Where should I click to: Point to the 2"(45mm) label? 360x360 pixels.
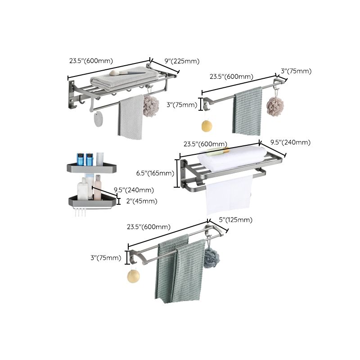click(142, 201)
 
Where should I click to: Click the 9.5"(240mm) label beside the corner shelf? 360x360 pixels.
click(134, 190)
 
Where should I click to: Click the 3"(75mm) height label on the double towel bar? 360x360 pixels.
click(106, 258)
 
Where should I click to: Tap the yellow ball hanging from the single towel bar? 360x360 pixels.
click(207, 126)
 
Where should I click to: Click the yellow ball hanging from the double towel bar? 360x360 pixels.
click(133, 275)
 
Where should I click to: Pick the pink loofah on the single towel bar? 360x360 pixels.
click(275, 107)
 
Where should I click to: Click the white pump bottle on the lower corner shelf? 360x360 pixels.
click(83, 189)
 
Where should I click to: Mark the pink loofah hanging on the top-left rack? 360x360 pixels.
click(151, 104)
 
